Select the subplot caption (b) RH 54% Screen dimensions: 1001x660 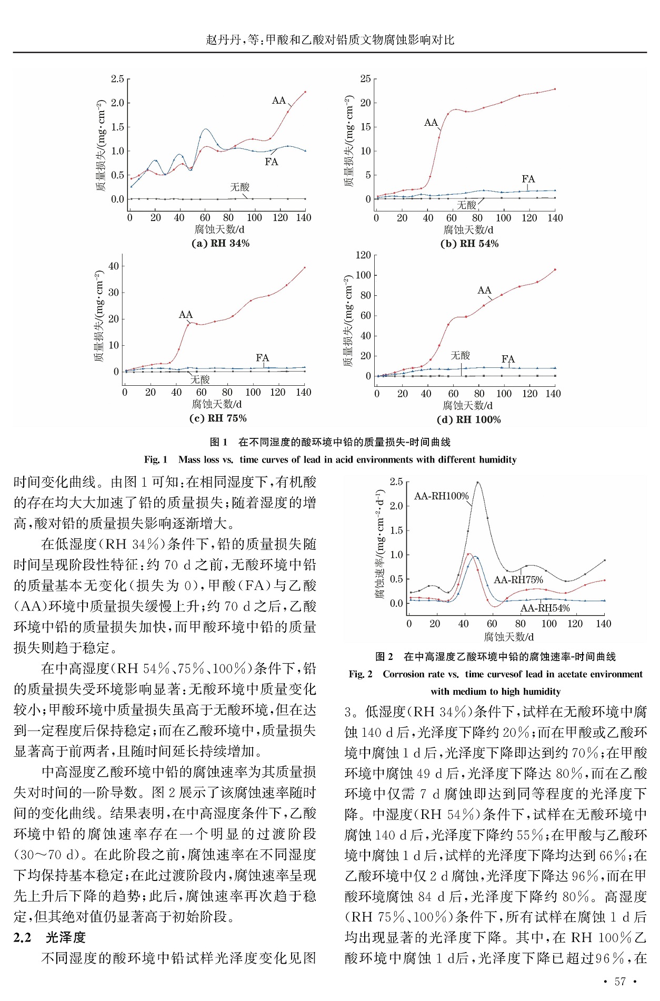click(x=469, y=244)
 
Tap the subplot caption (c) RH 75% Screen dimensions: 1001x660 click(x=218, y=418)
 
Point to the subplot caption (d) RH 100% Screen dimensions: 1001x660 click(x=468, y=419)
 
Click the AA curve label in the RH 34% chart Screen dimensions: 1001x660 click(x=278, y=101)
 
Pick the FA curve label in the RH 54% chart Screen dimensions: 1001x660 click(x=528, y=179)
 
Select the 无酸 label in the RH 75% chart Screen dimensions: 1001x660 click(x=200, y=379)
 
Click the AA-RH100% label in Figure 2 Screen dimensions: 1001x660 click(x=441, y=496)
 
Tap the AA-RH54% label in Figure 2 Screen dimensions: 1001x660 click(x=545, y=608)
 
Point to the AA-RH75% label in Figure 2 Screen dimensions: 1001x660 click(x=518, y=580)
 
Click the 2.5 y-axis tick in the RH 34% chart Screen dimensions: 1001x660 click(x=117, y=79)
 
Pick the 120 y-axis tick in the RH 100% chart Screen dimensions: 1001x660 click(x=363, y=256)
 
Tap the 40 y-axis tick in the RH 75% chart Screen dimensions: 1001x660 click(x=114, y=266)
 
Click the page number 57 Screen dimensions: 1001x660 click(x=620, y=982)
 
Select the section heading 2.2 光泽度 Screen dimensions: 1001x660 click(x=49, y=937)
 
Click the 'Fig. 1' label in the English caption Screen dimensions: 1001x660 click(x=155, y=459)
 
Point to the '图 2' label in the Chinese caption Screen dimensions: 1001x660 click(x=384, y=656)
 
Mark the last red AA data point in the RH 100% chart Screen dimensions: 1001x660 click(x=555, y=269)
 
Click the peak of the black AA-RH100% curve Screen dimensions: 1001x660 click(x=478, y=482)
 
